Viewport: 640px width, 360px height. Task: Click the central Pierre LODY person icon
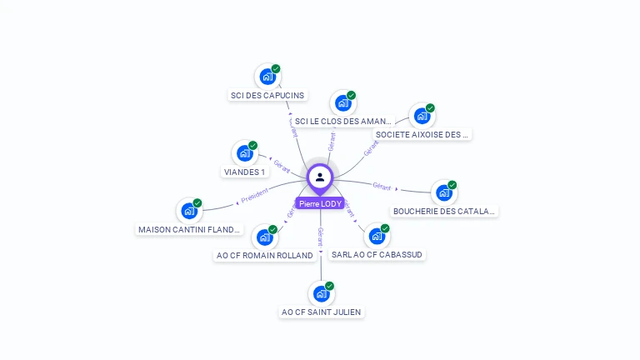[x=320, y=177]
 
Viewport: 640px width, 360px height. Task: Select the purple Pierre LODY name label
[x=320, y=203]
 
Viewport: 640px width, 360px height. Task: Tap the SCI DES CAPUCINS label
[x=267, y=95]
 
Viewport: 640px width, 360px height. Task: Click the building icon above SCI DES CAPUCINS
[x=267, y=77]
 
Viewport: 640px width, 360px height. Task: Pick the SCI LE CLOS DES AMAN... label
[x=342, y=122]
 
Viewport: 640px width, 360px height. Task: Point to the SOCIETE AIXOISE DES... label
[x=422, y=134]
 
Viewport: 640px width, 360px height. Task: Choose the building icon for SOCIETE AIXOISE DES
[x=422, y=116]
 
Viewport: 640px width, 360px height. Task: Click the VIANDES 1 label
[x=244, y=172]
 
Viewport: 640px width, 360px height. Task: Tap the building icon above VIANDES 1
[x=244, y=153]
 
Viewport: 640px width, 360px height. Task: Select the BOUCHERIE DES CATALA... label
[x=444, y=212]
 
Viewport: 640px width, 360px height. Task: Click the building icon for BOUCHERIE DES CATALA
[x=444, y=193]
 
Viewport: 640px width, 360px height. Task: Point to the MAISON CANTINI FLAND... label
[x=189, y=229]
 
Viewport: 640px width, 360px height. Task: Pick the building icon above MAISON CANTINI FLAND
[x=189, y=211]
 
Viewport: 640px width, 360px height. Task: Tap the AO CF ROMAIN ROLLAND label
[x=264, y=256]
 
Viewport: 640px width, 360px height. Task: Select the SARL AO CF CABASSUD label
[x=377, y=254]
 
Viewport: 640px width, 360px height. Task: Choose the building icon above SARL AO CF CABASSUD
[x=377, y=236]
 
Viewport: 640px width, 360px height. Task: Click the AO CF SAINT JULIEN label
[x=322, y=312]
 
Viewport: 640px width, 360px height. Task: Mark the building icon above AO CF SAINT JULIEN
[x=322, y=293]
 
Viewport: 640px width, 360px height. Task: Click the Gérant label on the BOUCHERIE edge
[x=382, y=187]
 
